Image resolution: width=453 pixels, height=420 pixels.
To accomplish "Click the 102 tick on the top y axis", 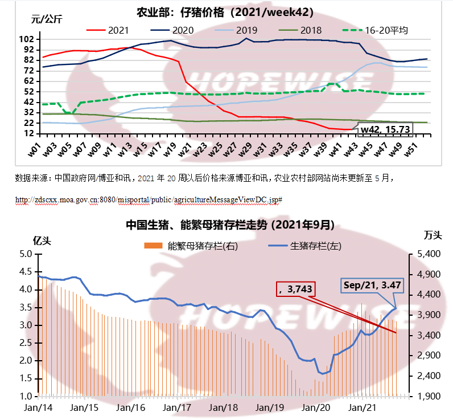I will coord(26,39).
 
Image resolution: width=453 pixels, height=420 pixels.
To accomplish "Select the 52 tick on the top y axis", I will coord(28,92).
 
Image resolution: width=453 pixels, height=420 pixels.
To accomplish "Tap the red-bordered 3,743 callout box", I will coord(295,289).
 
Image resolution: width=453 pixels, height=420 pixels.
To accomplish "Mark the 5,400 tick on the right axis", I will coord(433,254).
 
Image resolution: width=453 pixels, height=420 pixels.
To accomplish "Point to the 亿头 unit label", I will coord(42,240).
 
